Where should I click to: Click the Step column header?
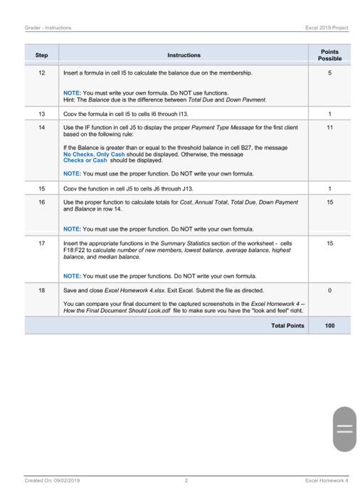[x=41, y=55]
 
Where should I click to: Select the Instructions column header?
[x=184, y=55]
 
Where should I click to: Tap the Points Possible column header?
[x=329, y=55]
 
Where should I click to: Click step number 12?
[x=41, y=73]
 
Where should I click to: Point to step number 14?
[x=41, y=127]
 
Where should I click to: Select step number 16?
[x=41, y=202]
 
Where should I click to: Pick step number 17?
[x=41, y=243]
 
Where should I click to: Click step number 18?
[x=41, y=290]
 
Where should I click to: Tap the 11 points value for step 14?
[x=329, y=127]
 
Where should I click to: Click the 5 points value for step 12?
[x=329, y=73]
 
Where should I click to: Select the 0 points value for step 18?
[x=329, y=290]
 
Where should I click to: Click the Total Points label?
[x=287, y=325]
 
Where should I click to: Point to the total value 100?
[x=329, y=325]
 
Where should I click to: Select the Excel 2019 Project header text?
[x=327, y=28]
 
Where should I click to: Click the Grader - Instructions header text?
[x=48, y=28]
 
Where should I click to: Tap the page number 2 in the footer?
[x=186, y=480]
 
